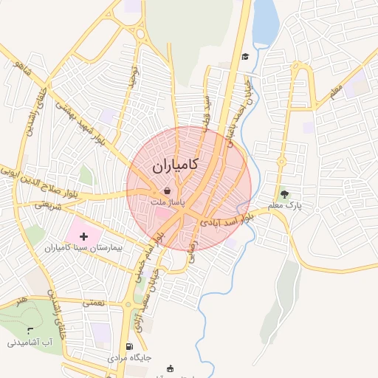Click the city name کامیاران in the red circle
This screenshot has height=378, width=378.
(175, 167)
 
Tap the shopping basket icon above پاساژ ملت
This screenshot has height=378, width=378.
(168, 190)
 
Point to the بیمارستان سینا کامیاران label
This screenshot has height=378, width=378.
(87, 249)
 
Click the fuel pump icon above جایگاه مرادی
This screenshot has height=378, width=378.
(130, 346)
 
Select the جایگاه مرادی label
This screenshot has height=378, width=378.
(130, 357)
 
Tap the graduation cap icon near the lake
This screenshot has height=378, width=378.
(245, 56)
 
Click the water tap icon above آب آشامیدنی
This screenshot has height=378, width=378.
(30, 329)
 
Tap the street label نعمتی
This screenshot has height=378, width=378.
(95, 302)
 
